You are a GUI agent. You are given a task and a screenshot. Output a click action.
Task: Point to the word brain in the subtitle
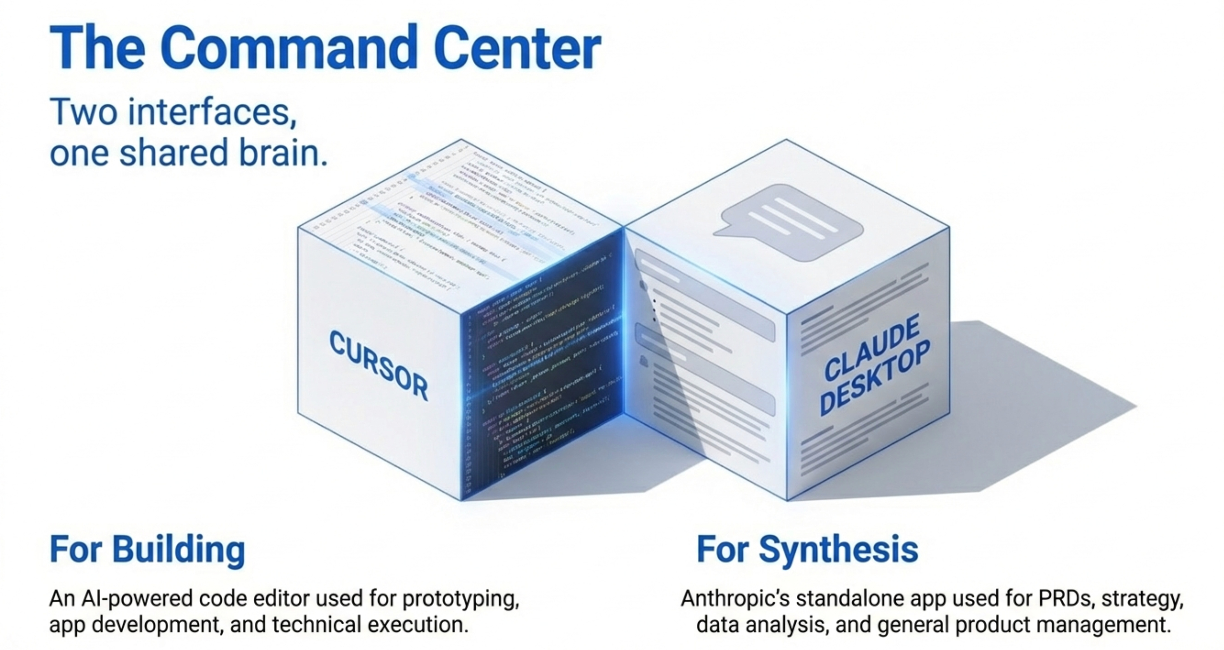[x=283, y=153]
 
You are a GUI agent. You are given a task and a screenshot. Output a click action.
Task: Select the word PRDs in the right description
[x=1064, y=599]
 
